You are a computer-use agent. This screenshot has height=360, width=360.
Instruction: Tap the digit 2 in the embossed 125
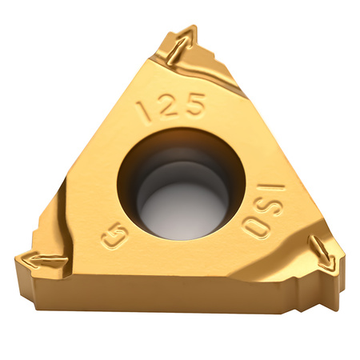click(x=168, y=105)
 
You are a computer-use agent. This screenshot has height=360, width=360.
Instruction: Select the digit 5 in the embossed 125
click(x=194, y=103)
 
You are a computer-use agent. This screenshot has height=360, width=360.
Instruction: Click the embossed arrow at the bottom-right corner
click(x=322, y=252)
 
